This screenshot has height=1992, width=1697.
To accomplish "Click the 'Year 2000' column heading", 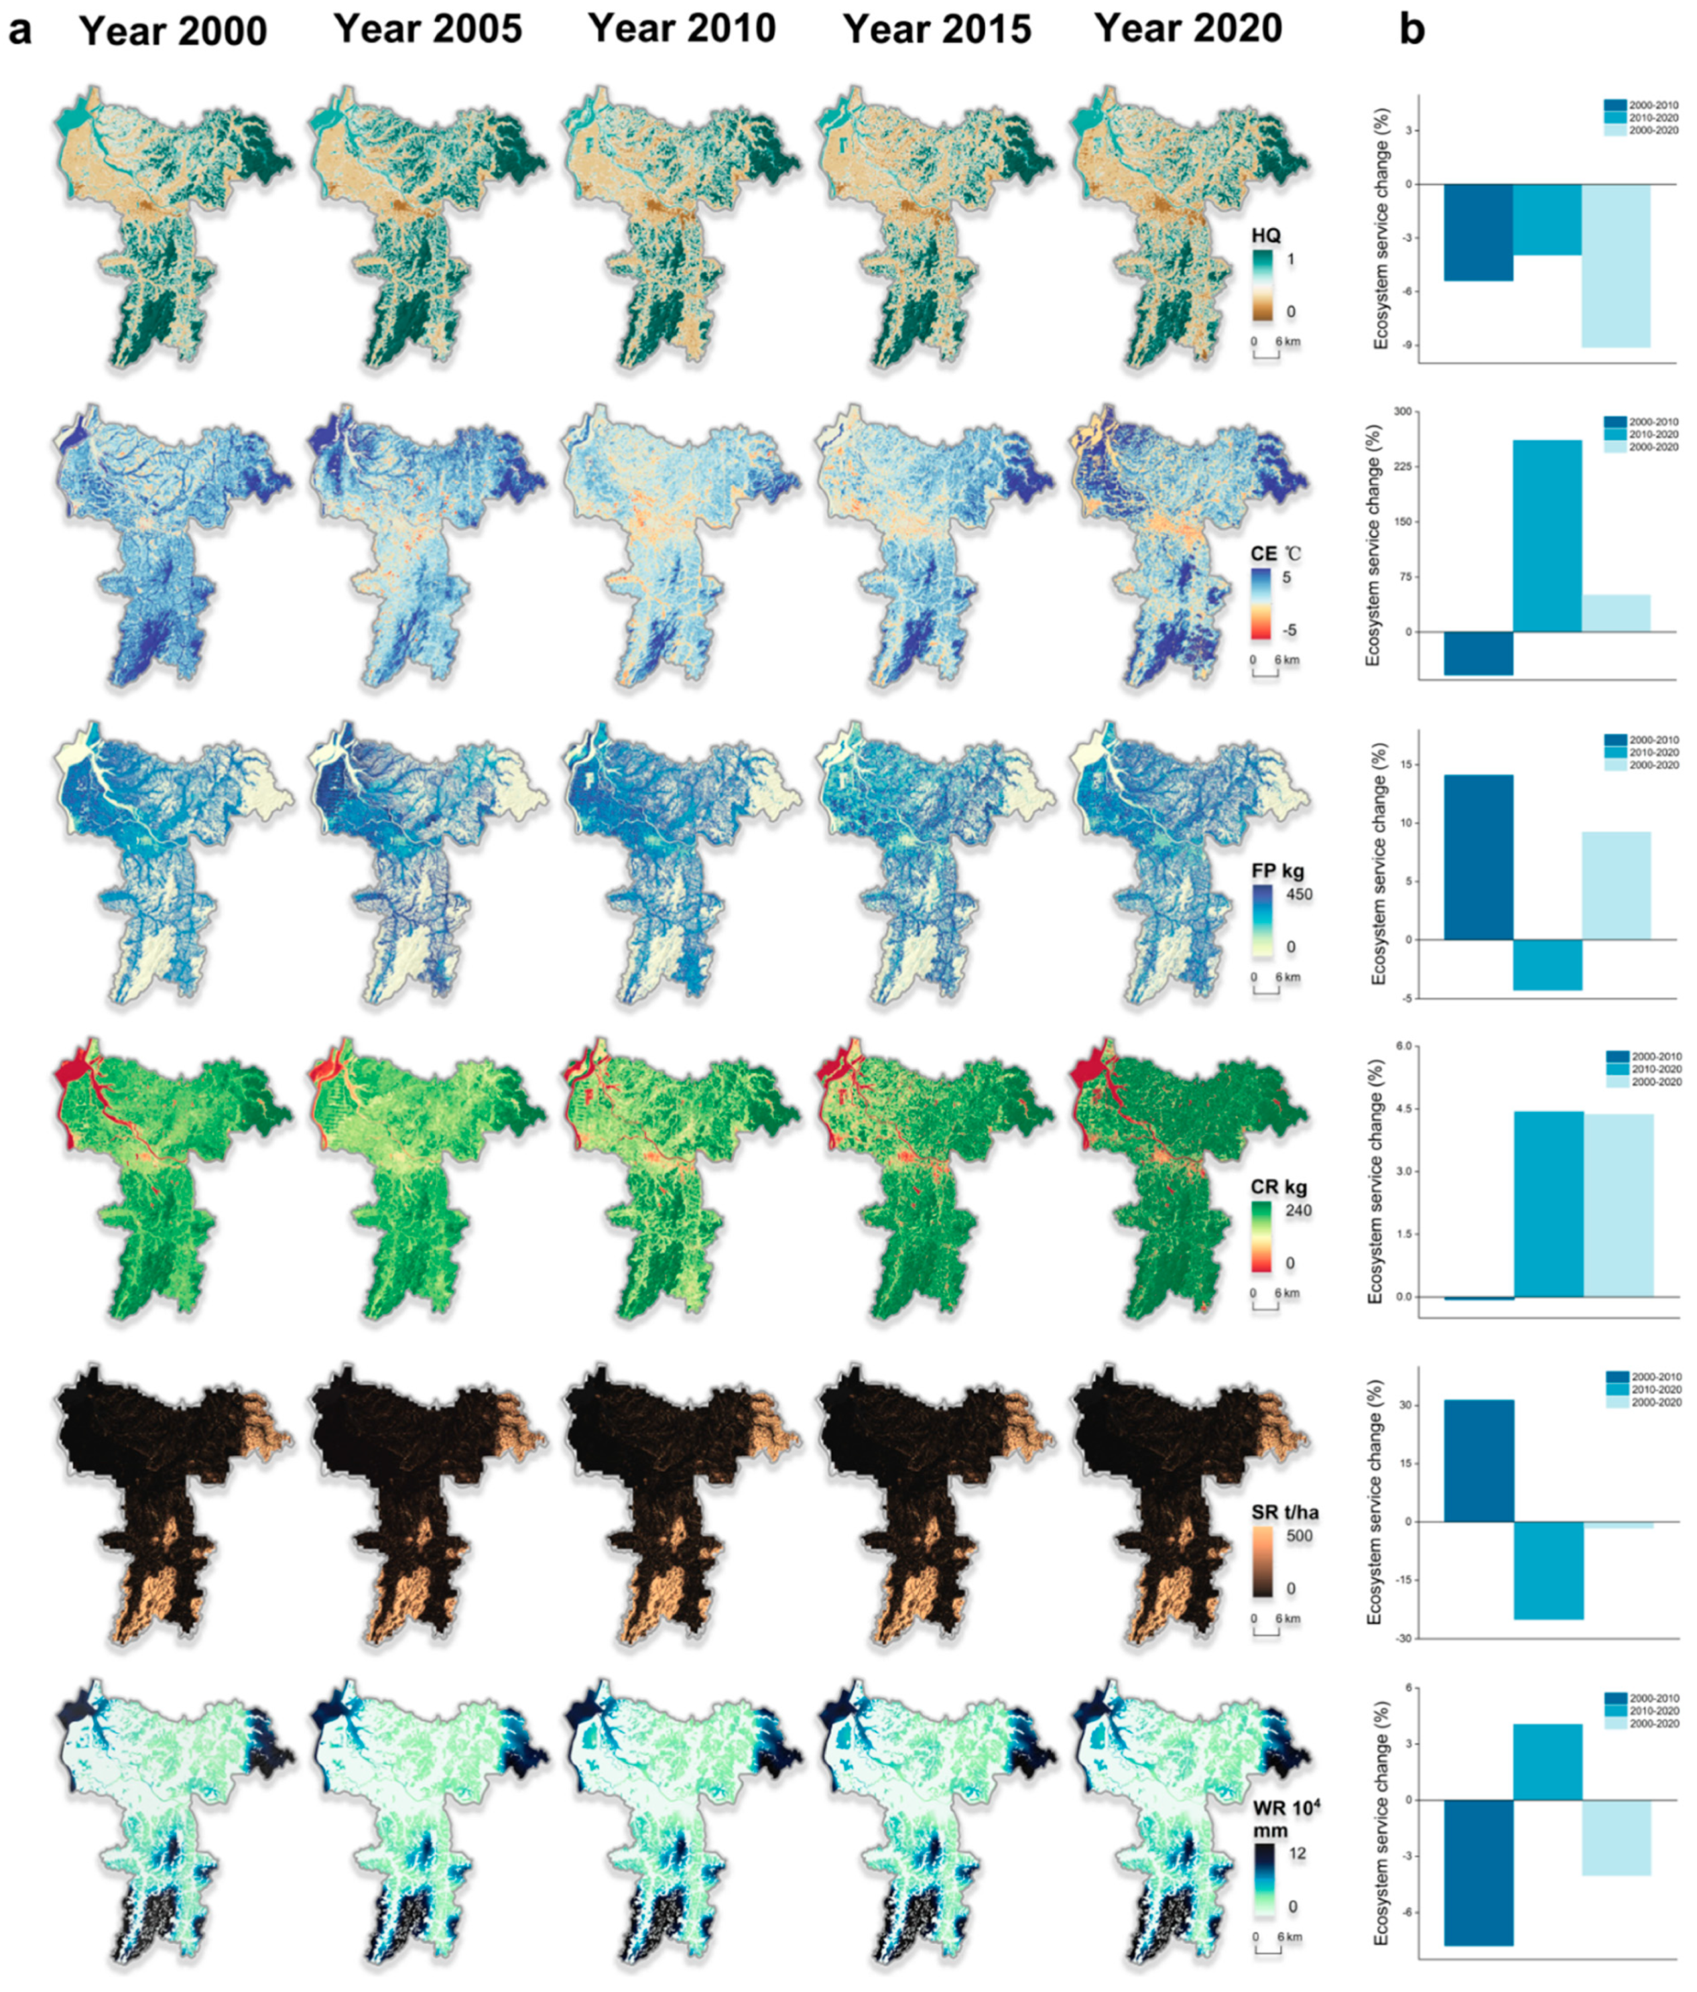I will [173, 31].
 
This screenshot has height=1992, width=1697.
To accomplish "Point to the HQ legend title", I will [1266, 235].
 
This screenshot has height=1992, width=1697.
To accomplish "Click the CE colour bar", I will [1261, 604].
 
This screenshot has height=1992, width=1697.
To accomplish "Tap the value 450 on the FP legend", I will [1298, 894].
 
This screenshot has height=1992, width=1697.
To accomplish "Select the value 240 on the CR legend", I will [1298, 1210].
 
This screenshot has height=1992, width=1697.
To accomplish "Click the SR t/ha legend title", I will [1285, 1512].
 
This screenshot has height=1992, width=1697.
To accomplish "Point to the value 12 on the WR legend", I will [1296, 1853].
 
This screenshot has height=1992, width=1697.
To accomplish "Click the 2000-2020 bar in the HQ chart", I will [1616, 265].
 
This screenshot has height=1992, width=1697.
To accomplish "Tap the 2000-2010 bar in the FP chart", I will [1478, 857].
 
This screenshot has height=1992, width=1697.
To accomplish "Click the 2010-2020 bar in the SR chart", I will [1548, 1570].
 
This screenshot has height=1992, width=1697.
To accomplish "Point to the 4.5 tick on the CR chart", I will [1403, 1109].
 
